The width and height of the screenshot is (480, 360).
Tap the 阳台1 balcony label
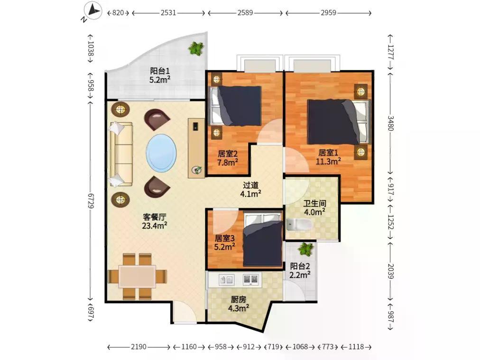tap(159, 71)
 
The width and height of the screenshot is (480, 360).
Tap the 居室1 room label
tap(328, 152)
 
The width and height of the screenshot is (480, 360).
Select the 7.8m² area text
tap(228, 162)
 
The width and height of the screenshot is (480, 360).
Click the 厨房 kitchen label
tap(238, 299)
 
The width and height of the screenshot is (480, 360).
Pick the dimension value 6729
tap(91, 201)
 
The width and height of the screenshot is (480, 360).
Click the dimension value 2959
tap(329, 12)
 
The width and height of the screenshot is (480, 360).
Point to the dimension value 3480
tap(390, 122)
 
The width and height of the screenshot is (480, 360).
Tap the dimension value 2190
tap(138, 347)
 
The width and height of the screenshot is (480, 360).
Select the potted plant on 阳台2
tap(306, 249)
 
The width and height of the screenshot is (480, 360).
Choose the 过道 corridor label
tap(251, 185)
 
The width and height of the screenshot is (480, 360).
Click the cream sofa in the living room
tap(120, 154)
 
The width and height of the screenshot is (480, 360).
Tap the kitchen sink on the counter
tap(227, 279)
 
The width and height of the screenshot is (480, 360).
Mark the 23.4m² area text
tap(155, 226)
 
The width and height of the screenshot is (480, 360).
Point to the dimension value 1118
tap(356, 347)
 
